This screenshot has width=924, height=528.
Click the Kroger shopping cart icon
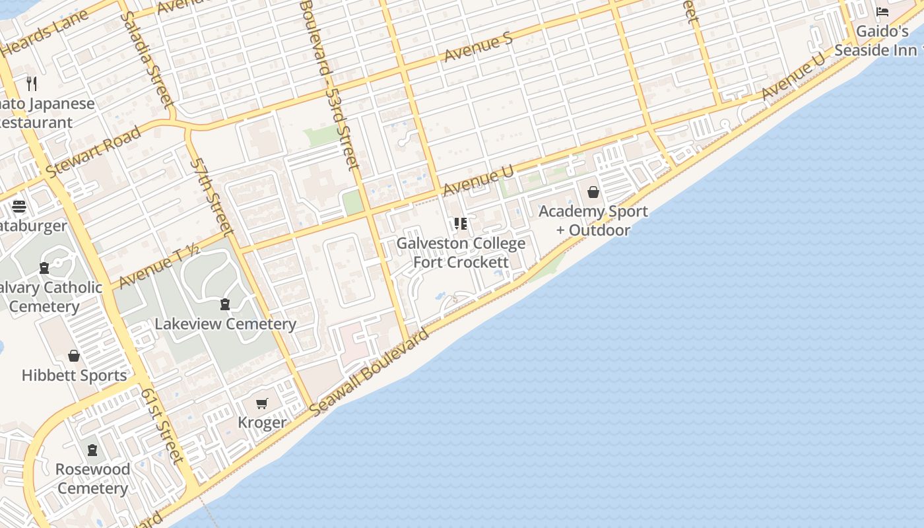262,403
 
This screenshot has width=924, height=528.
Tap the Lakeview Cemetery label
225,324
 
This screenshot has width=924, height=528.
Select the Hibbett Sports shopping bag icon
74,356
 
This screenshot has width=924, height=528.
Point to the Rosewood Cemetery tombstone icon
92,450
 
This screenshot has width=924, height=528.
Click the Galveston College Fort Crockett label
461,253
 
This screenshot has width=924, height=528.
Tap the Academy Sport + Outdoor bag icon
593,192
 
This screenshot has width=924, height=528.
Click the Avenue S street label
478,48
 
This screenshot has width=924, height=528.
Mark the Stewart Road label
94,152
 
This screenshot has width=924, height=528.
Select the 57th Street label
212,196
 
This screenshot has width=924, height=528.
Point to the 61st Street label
161,424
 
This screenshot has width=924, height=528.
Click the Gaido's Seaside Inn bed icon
882,12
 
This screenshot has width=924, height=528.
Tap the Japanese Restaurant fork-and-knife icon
32,83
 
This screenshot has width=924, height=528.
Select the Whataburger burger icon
18,207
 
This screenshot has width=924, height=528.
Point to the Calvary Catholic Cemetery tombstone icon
44,268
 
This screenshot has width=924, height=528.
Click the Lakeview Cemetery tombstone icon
225,304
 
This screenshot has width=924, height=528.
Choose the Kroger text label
262,422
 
